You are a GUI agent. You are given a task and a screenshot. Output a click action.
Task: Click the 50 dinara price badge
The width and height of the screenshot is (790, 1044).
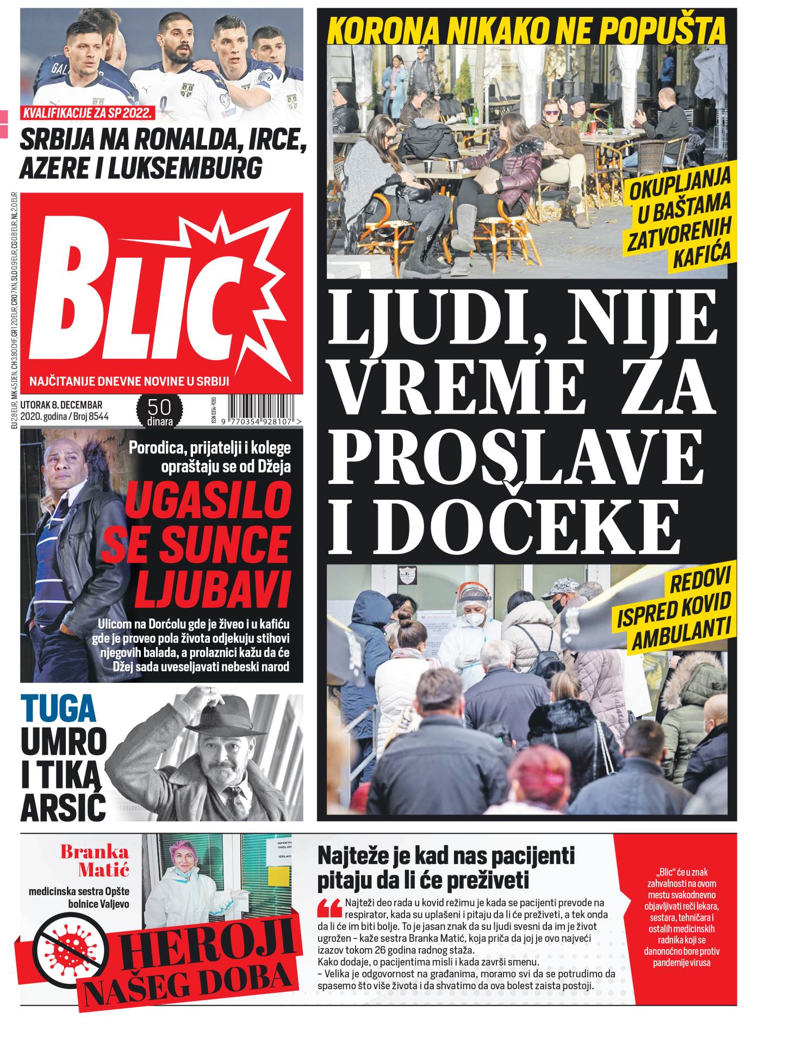pos(159,411)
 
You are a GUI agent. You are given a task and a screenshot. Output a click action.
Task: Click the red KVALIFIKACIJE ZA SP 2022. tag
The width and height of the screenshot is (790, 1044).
pos(88,114)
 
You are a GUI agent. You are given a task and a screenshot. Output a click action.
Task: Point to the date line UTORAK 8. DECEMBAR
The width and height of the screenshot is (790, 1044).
pos(61,405)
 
